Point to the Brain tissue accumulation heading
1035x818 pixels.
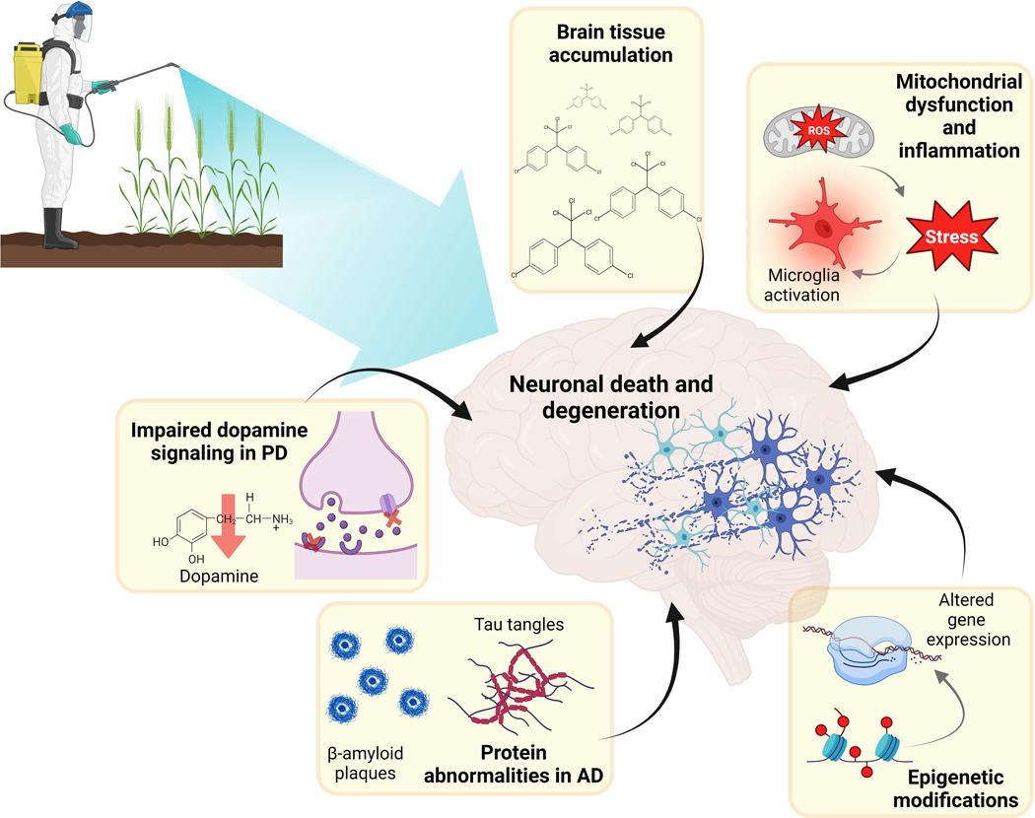605,43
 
